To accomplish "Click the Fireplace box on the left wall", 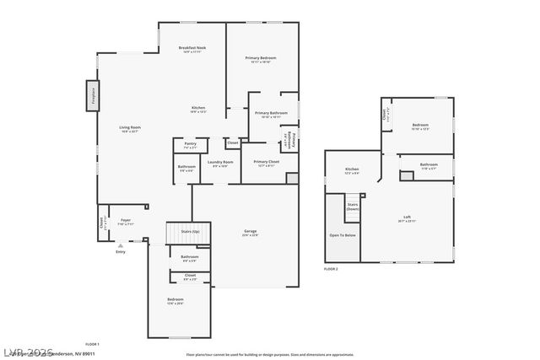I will [x=91, y=95].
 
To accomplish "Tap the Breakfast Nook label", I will [x=192, y=49].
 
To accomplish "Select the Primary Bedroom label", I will [x=261, y=58].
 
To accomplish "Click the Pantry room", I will [x=190, y=145].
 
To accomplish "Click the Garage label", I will [x=251, y=231].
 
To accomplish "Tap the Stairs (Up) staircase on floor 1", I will [x=183, y=232].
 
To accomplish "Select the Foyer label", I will [x=125, y=221].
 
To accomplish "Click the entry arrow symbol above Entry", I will [x=120, y=245].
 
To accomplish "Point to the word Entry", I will [x=120, y=251].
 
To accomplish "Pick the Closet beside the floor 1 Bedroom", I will [x=190, y=276].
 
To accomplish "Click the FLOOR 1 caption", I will [x=92, y=344].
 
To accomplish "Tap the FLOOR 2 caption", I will [x=331, y=268].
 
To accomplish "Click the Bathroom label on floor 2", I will [x=429, y=164].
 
